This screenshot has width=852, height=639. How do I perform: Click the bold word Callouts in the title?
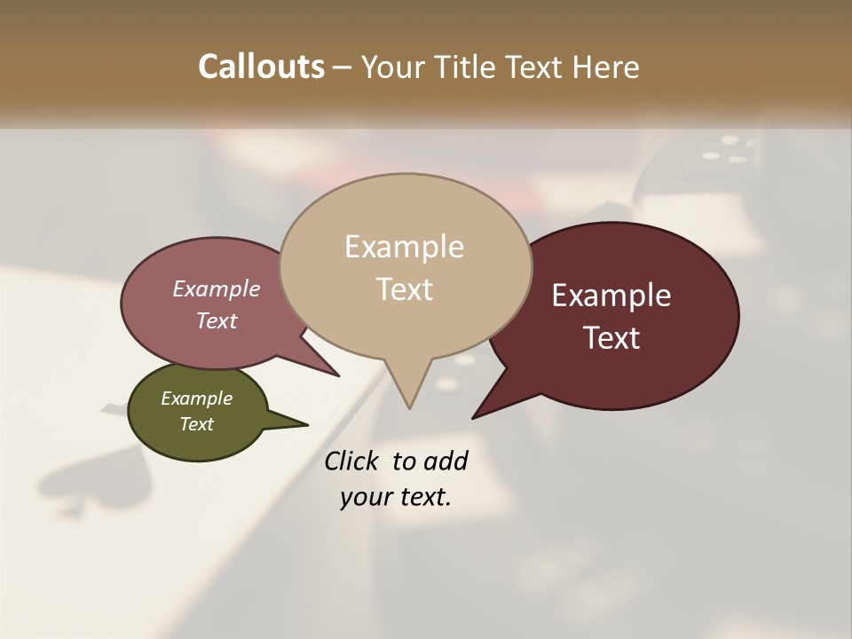(261, 67)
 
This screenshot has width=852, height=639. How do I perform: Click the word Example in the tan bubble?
(404, 247)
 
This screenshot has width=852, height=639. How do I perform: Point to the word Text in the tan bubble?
(404, 289)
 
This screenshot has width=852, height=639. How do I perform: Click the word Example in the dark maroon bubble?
(611, 296)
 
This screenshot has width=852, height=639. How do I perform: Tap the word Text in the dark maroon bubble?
(611, 338)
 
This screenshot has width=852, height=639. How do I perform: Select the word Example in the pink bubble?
(216, 288)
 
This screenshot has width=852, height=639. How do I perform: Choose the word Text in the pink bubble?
(216, 320)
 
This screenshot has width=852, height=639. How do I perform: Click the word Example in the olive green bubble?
(196, 398)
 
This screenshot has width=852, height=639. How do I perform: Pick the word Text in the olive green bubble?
(196, 424)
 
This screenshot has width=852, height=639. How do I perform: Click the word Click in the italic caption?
(352, 461)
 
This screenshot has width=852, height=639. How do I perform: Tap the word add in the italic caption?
(446, 461)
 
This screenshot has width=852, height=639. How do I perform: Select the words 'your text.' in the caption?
(395, 497)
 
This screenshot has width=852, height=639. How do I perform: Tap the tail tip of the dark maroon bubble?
(474, 417)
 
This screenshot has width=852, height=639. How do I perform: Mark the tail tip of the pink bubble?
(337, 375)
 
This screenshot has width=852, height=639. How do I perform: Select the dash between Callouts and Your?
(343, 67)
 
